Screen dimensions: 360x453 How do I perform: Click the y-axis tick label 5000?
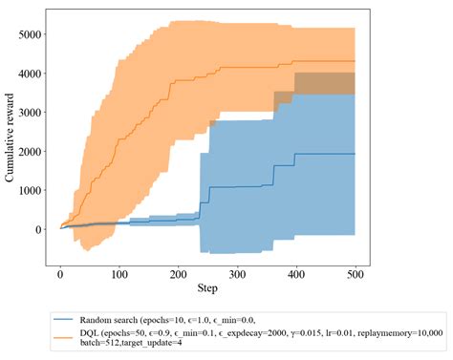[29, 35]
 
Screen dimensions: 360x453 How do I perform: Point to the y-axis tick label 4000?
[29, 74]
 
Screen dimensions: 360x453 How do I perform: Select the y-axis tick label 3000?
[29, 113]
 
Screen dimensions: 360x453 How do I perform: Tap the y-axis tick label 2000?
[29, 152]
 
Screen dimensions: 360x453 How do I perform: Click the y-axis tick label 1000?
[29, 191]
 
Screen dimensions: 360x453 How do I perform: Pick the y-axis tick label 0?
[38, 230]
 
